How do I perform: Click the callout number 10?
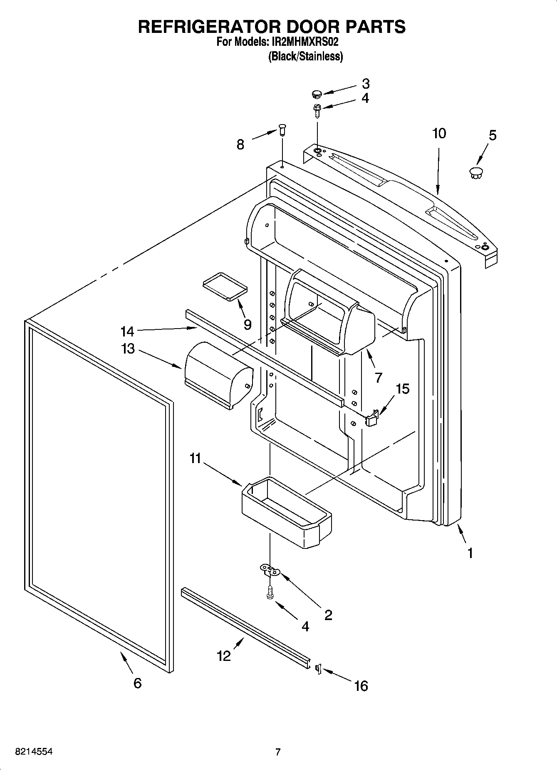click(439, 134)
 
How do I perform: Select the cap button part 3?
click(317, 93)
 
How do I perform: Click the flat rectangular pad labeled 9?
click(225, 286)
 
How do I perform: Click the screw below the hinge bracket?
click(270, 593)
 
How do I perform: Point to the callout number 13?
click(128, 348)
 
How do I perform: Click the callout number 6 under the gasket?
click(137, 683)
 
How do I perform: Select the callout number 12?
click(223, 656)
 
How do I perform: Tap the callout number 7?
click(378, 377)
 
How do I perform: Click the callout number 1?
click(470, 553)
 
